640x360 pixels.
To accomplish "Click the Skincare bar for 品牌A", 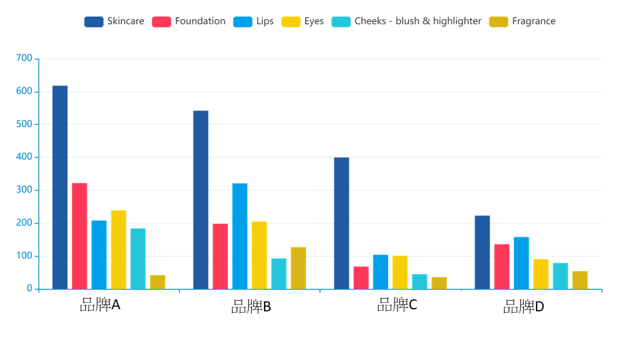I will (60, 187).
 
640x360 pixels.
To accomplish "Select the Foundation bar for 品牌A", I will (79, 236).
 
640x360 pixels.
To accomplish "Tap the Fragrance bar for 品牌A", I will (157, 282).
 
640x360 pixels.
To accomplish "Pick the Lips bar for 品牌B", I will (240, 236).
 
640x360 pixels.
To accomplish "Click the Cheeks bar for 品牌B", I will (279, 274).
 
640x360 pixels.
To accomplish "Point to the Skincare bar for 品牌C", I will (341, 223).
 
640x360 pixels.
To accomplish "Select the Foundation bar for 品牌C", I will (361, 278).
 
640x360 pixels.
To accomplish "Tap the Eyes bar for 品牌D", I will (541, 274).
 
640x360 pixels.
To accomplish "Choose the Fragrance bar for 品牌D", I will (580, 280).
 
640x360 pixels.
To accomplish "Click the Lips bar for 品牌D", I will (521, 263).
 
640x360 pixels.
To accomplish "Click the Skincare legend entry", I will (114, 21).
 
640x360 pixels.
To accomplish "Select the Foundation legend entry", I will (189, 21).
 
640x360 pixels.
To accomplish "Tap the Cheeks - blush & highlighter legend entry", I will (407, 21).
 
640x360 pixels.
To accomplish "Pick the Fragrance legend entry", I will (523, 21).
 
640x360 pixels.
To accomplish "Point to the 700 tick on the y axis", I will (24, 59).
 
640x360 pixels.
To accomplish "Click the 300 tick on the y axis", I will (24, 190).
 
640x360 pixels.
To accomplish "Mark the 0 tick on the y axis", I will (29, 289).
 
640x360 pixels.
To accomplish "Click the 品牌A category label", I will (100, 305).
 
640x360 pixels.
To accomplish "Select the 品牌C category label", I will (397, 305).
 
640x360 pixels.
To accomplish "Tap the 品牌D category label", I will (524, 307).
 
